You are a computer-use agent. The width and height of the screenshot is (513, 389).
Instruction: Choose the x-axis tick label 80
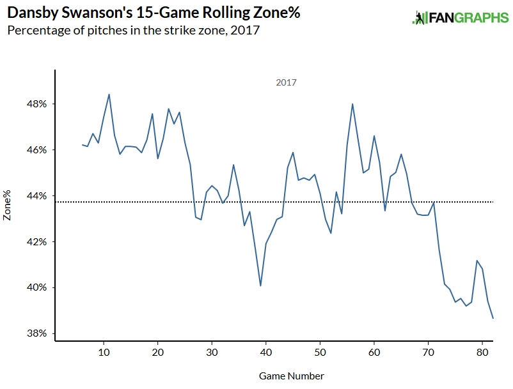(x=484, y=351)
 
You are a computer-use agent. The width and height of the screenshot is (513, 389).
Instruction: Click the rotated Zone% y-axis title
(x=8, y=206)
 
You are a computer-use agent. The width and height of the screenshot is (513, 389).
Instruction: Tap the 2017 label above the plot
(x=286, y=82)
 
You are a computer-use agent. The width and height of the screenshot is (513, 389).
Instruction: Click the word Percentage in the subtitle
(x=34, y=31)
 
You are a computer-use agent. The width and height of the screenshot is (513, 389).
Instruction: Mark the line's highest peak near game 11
(x=109, y=95)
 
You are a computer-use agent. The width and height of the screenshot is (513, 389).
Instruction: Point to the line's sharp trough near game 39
(x=260, y=286)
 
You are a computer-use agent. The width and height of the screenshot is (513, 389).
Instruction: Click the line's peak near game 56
(x=352, y=104)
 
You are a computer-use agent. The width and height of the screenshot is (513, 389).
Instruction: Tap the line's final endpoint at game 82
(x=493, y=318)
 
